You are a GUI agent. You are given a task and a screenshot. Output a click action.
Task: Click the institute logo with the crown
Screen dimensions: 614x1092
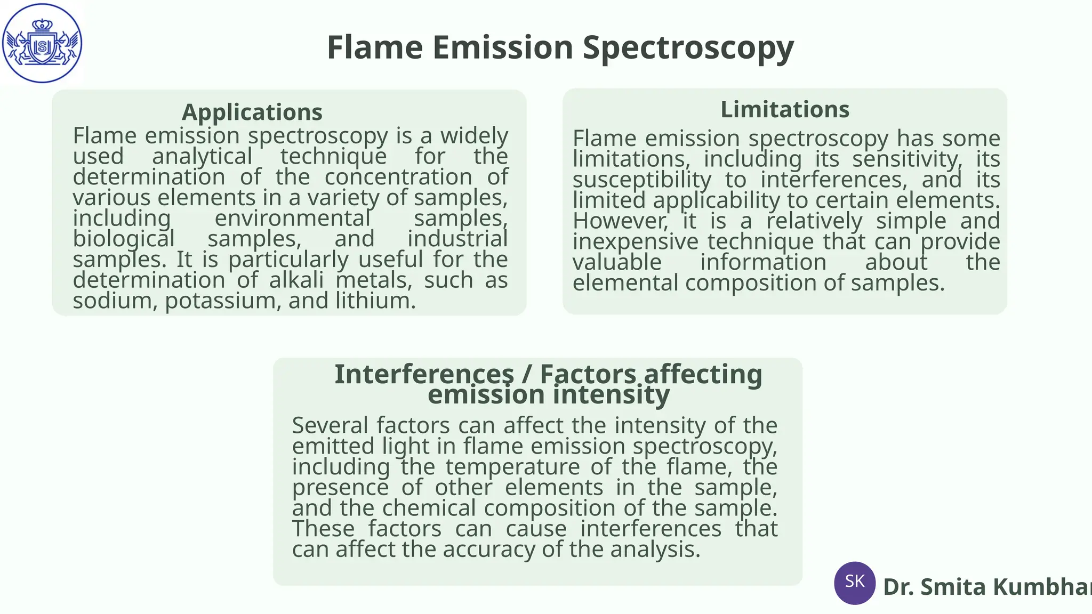42,43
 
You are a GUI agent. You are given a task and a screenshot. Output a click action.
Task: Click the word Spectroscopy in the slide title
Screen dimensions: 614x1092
688,48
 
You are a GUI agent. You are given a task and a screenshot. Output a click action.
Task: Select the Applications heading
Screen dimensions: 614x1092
252,112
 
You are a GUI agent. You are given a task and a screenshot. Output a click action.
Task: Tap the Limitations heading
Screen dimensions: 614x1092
785,109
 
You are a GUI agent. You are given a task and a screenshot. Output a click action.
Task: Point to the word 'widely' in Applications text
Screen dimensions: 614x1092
474,136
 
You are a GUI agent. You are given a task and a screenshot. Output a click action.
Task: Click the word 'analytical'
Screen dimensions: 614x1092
202,157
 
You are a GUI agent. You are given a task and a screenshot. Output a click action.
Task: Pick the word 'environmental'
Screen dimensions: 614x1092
292,219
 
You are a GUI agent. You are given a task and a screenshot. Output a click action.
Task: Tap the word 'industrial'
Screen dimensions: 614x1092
457,239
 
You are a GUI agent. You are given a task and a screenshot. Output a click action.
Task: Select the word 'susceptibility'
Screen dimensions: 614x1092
642,180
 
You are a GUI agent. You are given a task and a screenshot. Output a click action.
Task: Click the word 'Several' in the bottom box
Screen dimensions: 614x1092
330,426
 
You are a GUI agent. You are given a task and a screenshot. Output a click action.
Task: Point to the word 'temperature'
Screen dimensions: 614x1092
512,467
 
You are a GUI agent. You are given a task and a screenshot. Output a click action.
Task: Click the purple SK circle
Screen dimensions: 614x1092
855,583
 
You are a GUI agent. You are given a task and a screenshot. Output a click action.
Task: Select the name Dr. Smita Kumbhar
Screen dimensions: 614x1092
986,587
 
